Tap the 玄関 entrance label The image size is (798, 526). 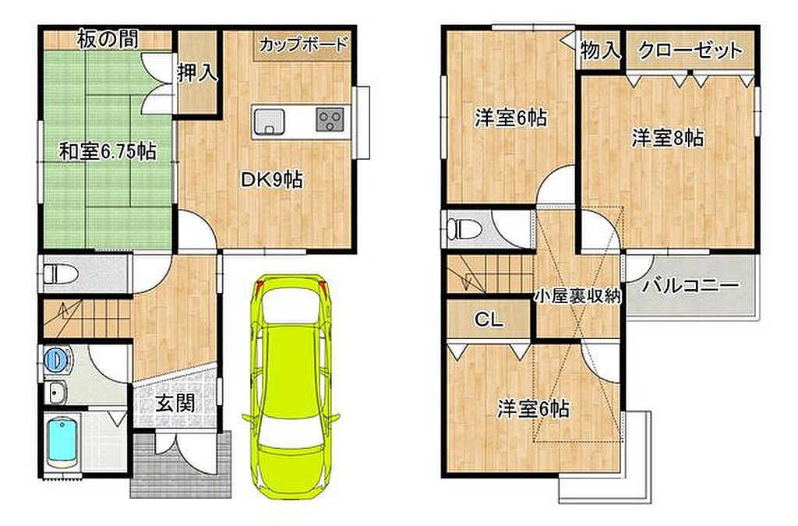[x=175, y=404]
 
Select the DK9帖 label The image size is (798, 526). [x=272, y=179]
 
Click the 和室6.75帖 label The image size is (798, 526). [x=108, y=152]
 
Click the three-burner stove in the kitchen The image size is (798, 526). [x=330, y=120]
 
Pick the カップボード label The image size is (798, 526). [x=303, y=44]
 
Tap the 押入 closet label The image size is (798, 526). [x=197, y=73]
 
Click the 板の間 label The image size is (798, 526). [x=108, y=39]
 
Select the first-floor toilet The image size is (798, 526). [x=61, y=275]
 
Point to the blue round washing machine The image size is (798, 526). [x=56, y=360]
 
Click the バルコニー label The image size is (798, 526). [x=690, y=285]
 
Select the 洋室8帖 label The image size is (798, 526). [x=668, y=138]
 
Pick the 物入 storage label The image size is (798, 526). [x=601, y=50]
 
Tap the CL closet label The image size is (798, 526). [x=489, y=319]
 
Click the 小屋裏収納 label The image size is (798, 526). [x=577, y=296]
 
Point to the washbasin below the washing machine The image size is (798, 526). [x=56, y=392]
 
